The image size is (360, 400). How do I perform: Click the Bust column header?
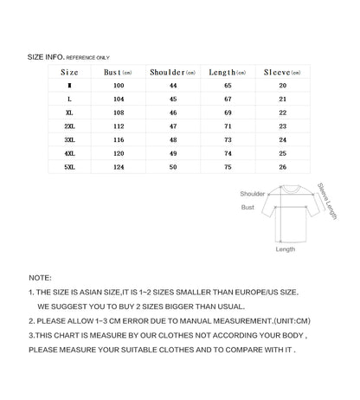(117, 73)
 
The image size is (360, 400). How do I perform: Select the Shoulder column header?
(171, 73)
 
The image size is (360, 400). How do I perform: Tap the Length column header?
(228, 73)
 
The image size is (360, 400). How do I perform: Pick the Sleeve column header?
(283, 73)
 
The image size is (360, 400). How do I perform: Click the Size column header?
(69, 73)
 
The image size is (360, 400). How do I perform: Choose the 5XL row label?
(69, 166)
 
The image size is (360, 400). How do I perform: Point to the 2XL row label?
(69, 126)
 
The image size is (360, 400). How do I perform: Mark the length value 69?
(228, 113)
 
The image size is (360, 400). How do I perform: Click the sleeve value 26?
(282, 166)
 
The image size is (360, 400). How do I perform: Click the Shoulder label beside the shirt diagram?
(252, 194)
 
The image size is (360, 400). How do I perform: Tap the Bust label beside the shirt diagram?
(247, 208)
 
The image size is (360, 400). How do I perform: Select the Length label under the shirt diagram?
(285, 248)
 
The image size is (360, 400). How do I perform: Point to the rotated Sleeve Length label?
(328, 201)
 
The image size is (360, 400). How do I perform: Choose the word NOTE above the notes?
(40, 278)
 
